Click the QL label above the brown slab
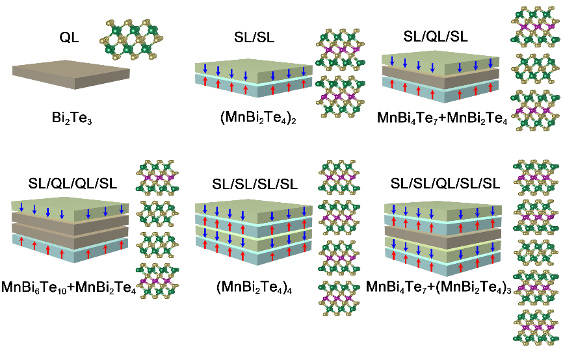coord(69,38)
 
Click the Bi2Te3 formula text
coord(70,120)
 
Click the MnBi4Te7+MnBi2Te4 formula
coord(441,120)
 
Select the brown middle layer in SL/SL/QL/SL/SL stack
coord(442,236)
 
